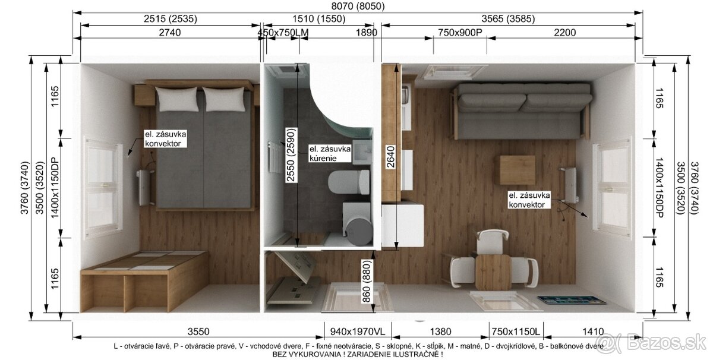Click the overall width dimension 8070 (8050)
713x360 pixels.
358,6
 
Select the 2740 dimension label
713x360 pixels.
170,33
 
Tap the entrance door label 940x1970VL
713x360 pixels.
357,331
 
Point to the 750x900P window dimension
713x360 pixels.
460,33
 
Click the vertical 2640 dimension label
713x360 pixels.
390,157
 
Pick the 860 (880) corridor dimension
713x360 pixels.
367,282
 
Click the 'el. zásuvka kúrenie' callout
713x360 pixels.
330,153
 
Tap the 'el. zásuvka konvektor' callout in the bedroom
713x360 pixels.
165,138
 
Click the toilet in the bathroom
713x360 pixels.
349,182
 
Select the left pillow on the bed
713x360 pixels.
177,99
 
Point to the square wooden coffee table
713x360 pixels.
518,170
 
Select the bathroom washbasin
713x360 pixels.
362,153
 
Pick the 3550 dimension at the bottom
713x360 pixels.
198,331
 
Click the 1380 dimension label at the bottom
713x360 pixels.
440,331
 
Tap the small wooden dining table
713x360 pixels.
493,273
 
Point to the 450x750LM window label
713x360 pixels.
283,33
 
